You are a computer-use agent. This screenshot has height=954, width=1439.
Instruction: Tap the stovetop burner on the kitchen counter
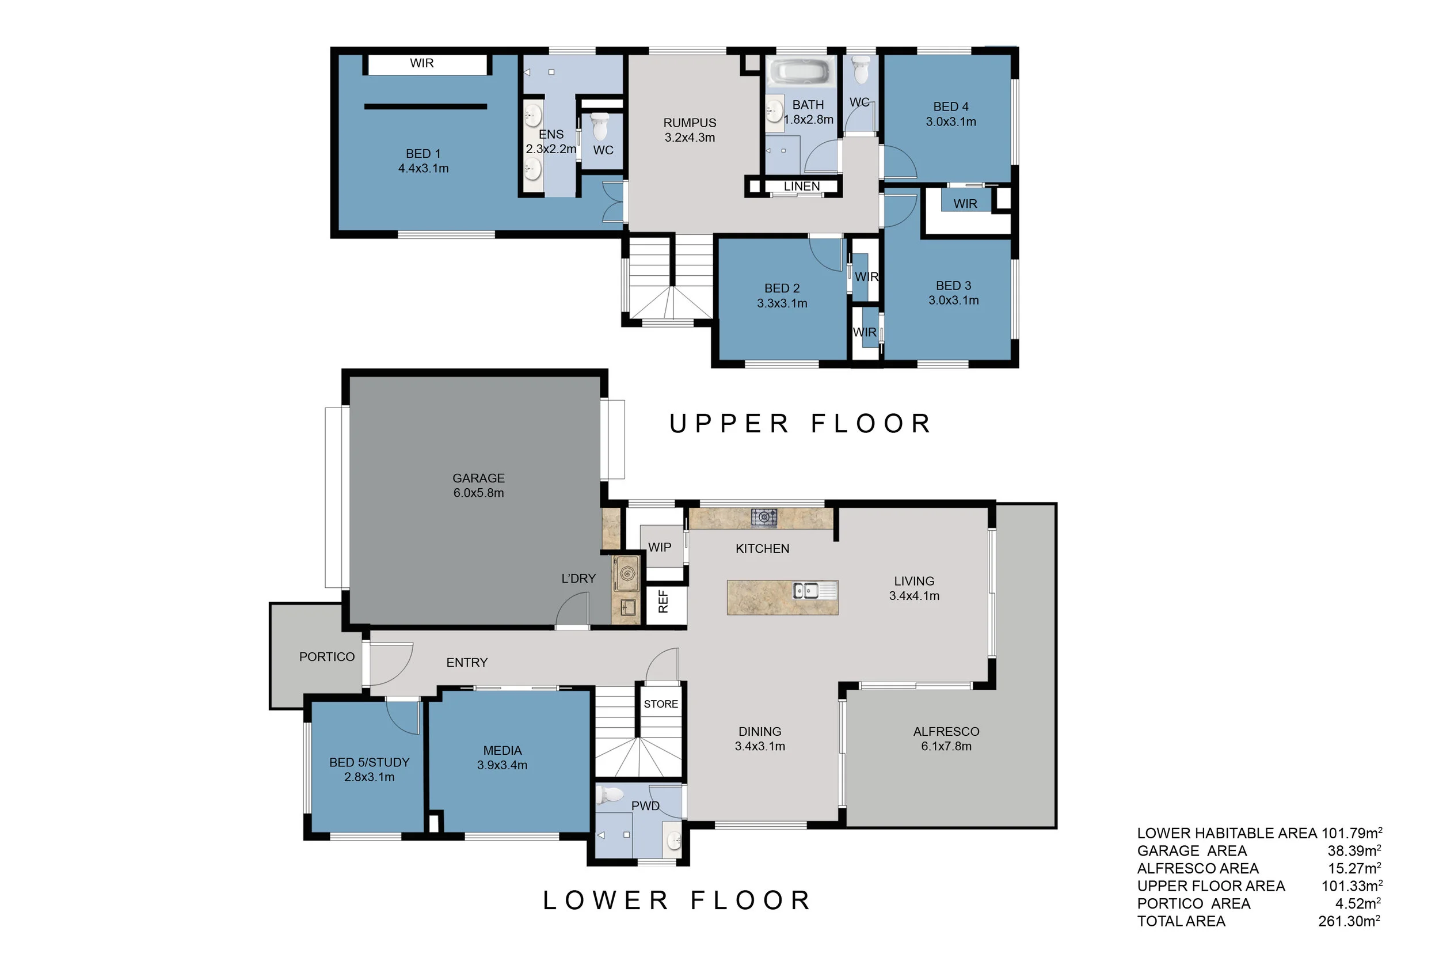(764, 516)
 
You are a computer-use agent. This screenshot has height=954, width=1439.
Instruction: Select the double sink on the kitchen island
(806, 590)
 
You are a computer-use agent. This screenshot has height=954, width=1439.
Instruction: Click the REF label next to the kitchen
(663, 600)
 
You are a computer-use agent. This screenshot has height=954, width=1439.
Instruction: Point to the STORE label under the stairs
(661, 704)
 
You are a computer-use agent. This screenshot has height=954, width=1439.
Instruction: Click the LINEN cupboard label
(802, 186)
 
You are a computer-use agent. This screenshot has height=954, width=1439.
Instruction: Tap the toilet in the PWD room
(610, 794)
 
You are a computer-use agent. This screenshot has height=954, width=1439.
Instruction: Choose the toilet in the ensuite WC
(600, 126)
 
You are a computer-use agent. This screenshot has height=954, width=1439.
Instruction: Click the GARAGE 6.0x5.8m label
(479, 485)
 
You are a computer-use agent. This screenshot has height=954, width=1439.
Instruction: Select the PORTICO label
(326, 656)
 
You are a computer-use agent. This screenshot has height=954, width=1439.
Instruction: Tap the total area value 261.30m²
(1350, 921)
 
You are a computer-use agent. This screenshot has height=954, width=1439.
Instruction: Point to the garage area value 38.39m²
(1354, 850)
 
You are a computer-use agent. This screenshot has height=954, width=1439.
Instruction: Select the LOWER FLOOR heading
(677, 900)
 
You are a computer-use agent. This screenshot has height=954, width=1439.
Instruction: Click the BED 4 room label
(951, 115)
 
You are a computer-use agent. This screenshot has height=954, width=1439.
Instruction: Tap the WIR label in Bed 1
(421, 63)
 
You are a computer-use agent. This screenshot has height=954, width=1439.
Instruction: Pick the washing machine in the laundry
(626, 573)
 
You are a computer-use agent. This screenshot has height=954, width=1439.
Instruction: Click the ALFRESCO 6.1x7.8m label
(946, 739)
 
